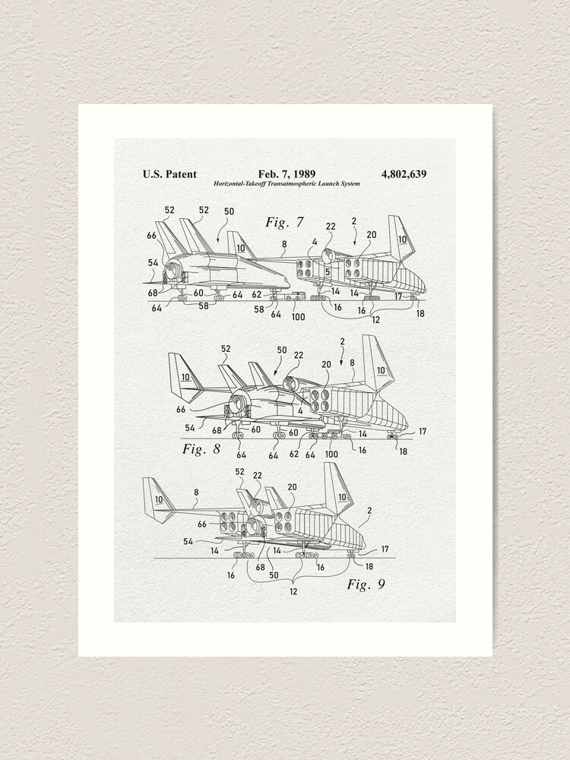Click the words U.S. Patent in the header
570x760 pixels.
[169, 174]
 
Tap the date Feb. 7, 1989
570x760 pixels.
[287, 174]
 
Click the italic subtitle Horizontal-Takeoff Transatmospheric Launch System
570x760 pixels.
[287, 184]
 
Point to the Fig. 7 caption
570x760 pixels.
[284, 223]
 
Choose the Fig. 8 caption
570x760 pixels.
[201, 448]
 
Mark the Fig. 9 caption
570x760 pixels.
[366, 584]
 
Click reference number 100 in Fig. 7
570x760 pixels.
[298, 315]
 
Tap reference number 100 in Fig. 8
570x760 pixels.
[331, 454]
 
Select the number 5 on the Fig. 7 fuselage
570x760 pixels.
[326, 271]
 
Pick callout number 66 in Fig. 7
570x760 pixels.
[152, 236]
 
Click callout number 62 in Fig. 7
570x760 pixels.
[256, 295]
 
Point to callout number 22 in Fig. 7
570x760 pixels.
[331, 226]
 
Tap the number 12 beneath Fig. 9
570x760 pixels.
[293, 591]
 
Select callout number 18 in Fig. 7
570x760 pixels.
[420, 312]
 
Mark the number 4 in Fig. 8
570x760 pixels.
[300, 411]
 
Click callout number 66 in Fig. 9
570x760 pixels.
[202, 524]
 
